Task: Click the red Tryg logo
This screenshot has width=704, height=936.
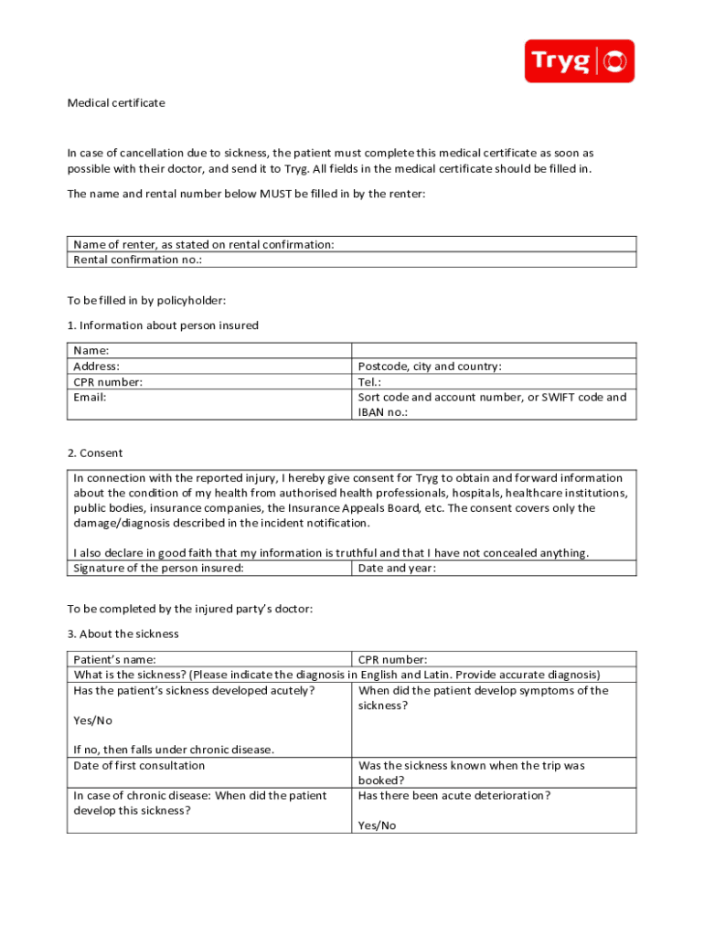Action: point(579,61)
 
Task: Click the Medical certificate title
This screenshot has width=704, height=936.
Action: point(116,103)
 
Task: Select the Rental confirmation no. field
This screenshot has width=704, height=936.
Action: point(352,260)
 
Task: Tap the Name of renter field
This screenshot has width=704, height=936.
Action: point(352,244)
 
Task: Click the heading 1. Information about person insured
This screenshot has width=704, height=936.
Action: point(163,325)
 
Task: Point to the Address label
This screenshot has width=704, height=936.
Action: point(96,367)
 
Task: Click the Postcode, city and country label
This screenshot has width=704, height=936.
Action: point(430,367)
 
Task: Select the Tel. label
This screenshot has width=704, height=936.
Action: point(369,382)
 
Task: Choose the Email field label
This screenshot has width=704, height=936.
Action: point(90,398)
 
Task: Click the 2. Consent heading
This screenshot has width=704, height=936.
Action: point(95,453)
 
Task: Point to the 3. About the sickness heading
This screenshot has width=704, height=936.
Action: point(123,633)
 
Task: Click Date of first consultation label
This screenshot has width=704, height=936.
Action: point(139,766)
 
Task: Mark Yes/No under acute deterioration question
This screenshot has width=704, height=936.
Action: point(377,825)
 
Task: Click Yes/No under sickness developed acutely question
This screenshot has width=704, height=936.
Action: point(92,720)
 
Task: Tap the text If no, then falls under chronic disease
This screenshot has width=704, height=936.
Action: point(174,750)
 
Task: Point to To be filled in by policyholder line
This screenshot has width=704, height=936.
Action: point(146,301)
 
